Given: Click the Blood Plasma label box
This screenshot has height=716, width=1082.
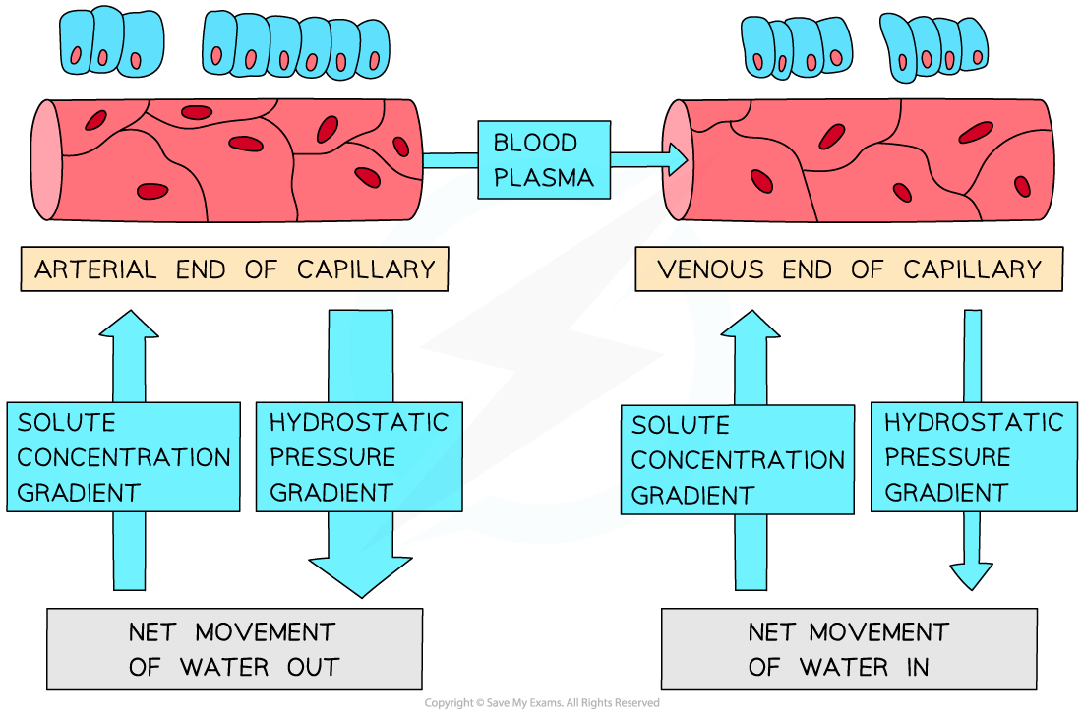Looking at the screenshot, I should (x=544, y=159).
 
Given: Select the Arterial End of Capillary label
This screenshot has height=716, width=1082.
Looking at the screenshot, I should (x=234, y=269).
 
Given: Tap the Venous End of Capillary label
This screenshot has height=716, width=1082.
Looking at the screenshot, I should (x=848, y=269).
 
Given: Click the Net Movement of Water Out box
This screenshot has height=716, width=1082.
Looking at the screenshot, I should (x=234, y=649).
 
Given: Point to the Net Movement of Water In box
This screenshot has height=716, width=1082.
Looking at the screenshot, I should (x=848, y=649).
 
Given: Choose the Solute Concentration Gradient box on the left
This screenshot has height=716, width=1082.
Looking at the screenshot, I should (x=124, y=457).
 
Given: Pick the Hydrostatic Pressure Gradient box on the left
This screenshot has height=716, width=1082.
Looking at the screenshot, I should (x=359, y=457).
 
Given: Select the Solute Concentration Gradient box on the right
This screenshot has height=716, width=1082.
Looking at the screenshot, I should (x=737, y=460).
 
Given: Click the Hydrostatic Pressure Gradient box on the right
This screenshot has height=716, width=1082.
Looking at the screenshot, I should (x=974, y=457).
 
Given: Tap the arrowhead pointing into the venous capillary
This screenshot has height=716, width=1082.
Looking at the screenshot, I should (x=676, y=157).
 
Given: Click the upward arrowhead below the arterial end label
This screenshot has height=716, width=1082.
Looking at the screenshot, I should (x=129, y=325).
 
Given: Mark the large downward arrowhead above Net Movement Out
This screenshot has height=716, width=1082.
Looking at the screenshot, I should (x=360, y=576).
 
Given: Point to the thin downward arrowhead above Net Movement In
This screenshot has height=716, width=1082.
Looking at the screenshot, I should (x=972, y=574).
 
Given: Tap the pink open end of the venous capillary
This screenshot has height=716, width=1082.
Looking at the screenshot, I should (x=677, y=159).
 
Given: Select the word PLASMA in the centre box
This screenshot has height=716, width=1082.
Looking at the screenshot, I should (x=544, y=177).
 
